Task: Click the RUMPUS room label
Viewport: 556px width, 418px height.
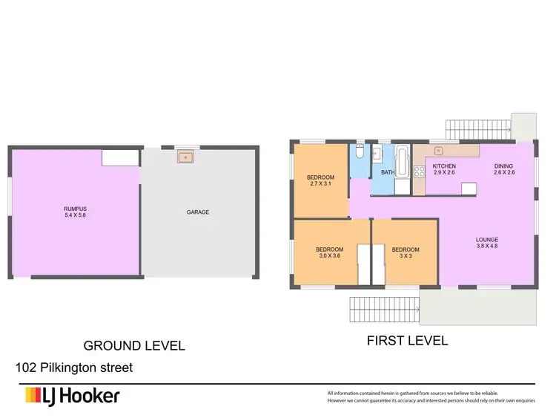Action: point(75,213)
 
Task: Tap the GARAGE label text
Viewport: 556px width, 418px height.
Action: point(198,212)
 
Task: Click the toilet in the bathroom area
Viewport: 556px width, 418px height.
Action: point(359,152)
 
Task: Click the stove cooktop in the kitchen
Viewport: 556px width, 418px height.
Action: point(419,173)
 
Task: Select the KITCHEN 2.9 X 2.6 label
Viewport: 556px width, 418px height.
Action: point(444,169)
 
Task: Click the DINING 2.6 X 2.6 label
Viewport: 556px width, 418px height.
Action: point(504,169)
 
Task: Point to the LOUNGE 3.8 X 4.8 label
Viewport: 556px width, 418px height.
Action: point(487,244)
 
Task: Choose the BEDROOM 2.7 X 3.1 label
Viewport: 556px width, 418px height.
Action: point(321,180)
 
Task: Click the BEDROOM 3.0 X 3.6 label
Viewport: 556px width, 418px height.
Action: point(329,253)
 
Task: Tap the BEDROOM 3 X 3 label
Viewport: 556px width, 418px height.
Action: point(406,253)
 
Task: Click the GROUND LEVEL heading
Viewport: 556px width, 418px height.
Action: point(133,345)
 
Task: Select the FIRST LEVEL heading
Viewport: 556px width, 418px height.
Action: point(407,342)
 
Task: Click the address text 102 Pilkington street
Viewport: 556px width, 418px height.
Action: point(74,368)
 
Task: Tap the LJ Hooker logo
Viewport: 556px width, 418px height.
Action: point(72,396)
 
